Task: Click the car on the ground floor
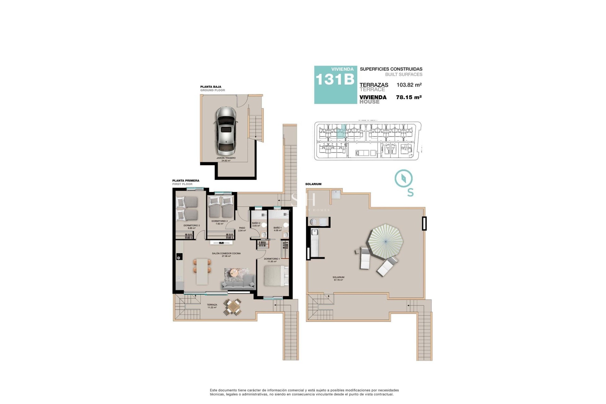(226, 130)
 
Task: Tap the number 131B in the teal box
(335, 80)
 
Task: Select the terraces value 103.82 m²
(409, 85)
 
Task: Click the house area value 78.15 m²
(409, 97)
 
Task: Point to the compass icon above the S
(404, 179)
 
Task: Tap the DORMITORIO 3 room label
(192, 225)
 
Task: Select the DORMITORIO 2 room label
(219, 221)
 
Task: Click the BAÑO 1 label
(277, 228)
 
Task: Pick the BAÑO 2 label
(256, 223)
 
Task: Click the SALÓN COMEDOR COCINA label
(226, 253)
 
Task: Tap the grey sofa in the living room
(238, 282)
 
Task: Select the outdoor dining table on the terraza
(233, 307)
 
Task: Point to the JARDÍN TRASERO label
(226, 158)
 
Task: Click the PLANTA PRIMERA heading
(186, 181)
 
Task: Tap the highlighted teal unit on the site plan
(341, 132)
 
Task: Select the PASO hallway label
(242, 228)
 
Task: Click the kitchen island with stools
(202, 271)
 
